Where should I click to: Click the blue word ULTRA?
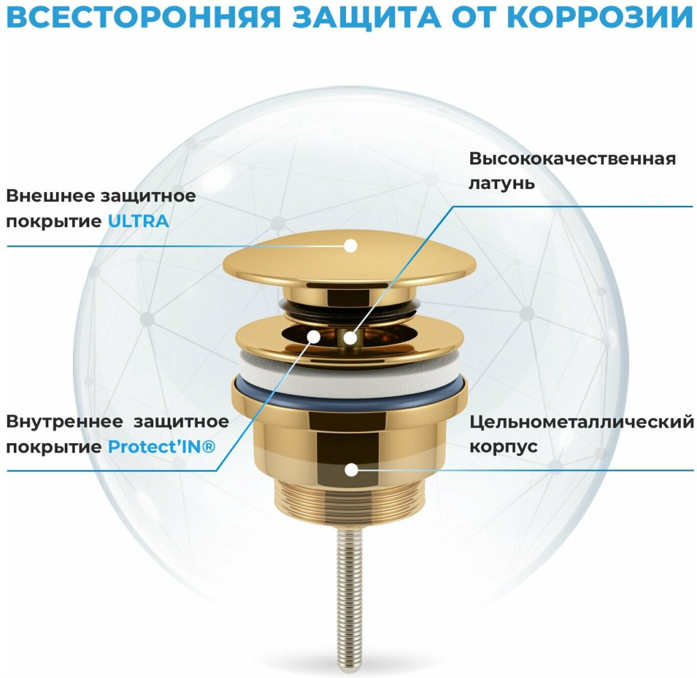[x=138, y=221]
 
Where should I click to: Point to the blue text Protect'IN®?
[x=162, y=446]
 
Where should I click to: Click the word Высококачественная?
[x=573, y=159]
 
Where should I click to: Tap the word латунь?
[x=502, y=183]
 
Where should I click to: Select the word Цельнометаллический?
[x=581, y=422]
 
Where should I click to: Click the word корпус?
[x=503, y=446]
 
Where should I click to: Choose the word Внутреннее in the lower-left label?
[x=64, y=421]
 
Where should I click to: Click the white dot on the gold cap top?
[x=351, y=245]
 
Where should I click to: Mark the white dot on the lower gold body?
[x=351, y=470]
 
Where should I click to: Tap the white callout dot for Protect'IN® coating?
[x=314, y=336]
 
